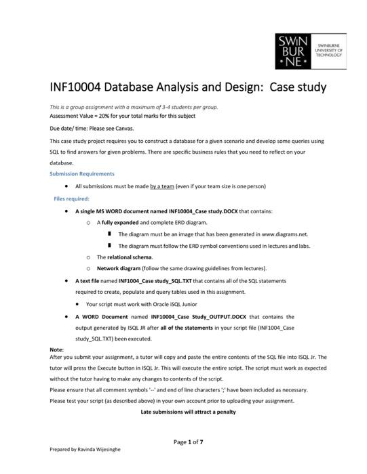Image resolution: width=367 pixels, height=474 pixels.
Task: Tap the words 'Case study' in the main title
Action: [298, 87]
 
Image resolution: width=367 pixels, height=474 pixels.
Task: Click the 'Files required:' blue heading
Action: [71, 199]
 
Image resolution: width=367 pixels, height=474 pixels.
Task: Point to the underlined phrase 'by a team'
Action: [163, 186]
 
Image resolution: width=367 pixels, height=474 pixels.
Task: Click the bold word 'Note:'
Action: [57, 349]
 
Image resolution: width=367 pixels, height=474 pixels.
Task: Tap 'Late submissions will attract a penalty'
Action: [188, 412]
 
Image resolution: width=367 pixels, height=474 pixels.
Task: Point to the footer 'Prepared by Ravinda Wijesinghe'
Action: [85, 467]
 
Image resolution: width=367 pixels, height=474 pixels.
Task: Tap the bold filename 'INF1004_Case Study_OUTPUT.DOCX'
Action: [197, 316]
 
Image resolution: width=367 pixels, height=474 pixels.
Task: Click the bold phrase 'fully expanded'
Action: [119, 222]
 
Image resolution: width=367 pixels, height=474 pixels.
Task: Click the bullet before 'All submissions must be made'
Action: [66, 186]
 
